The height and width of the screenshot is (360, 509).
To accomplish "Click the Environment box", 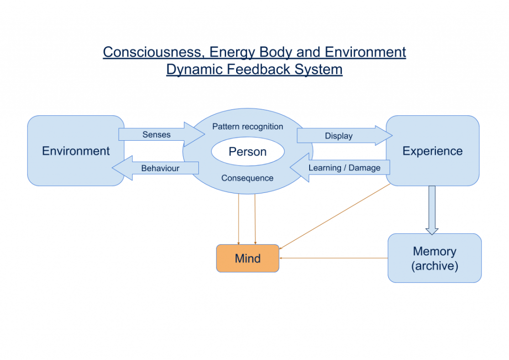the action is [x=76, y=151].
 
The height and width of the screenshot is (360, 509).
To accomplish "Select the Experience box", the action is [x=432, y=151].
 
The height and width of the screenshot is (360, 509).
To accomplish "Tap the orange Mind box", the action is [x=248, y=259].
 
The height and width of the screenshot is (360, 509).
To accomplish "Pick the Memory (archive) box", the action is [x=434, y=258].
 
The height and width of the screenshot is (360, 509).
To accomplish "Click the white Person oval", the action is [x=248, y=152].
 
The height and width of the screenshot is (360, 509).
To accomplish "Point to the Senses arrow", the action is [x=162, y=134].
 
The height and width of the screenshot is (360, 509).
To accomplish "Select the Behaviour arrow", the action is [x=155, y=168].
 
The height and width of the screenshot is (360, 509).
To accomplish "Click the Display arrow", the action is [x=345, y=135].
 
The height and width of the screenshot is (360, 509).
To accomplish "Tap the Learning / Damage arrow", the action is [x=340, y=168].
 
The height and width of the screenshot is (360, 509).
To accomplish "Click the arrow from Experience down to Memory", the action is [x=432, y=210].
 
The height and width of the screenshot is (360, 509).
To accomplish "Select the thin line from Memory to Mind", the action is [x=334, y=258].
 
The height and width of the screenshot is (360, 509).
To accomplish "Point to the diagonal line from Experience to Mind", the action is [x=335, y=216].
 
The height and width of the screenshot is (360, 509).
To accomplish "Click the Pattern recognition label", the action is [x=248, y=127].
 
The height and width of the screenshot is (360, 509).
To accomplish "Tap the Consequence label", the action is [x=248, y=178].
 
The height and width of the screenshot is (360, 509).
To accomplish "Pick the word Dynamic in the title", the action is [x=194, y=70].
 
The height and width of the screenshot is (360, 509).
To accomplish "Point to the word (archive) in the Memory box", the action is [x=434, y=266].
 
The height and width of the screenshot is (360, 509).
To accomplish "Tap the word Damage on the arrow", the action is [x=364, y=168].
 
